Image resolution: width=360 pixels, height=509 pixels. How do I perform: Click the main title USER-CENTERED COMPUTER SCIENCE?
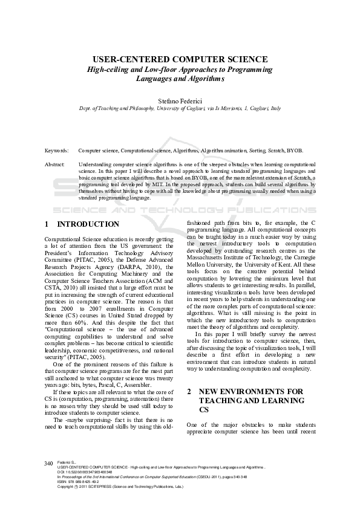tap(180, 59)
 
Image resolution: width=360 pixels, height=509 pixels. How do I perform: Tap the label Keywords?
tap(56, 149)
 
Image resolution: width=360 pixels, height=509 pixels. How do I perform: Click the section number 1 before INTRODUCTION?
tap(47, 224)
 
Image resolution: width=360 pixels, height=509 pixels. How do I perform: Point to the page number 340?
tap(49, 479)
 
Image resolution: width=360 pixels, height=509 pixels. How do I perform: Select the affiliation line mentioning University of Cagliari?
tap(180, 108)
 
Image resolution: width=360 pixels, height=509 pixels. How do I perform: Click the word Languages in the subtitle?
tap(155, 79)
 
